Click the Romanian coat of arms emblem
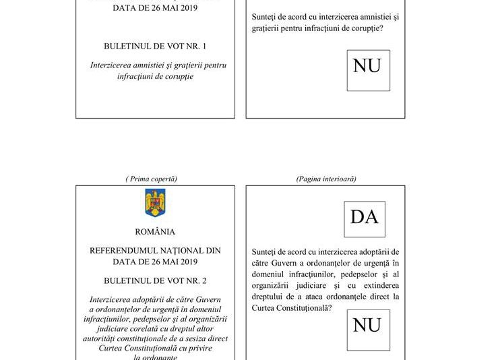155,203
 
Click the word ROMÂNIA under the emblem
155,232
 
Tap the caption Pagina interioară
326,179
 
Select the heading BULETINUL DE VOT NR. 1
155,47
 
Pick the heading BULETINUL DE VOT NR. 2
155,279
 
